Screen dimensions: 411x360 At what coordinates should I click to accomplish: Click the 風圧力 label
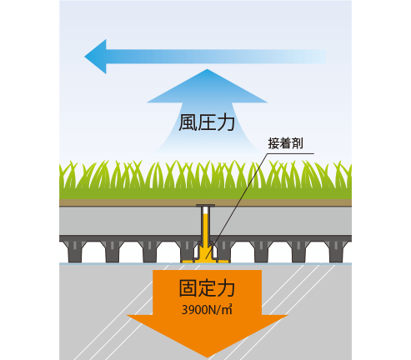coord(207,122)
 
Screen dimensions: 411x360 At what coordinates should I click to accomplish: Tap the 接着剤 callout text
coord(285,143)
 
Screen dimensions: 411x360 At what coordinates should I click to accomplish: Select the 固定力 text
coord(207,288)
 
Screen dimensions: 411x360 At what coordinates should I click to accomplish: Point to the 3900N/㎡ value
coord(207,309)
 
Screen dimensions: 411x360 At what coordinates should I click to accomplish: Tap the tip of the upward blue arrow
coord(207,69)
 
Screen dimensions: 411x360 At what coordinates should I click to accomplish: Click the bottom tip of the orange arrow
coord(207,357)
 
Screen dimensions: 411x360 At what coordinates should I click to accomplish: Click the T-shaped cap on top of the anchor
coord(205,206)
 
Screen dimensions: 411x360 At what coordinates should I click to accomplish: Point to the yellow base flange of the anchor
coord(205,261)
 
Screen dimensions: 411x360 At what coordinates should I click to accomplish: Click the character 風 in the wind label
coord(188,122)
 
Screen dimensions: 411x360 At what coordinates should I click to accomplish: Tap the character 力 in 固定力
coord(226,288)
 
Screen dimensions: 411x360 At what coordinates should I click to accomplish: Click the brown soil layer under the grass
coord(205,202)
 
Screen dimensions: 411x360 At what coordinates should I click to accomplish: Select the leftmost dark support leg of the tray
coord(74,252)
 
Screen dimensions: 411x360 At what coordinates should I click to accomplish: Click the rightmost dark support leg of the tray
coord(336,252)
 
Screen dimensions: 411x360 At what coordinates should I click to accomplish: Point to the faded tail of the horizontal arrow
coord(319,57)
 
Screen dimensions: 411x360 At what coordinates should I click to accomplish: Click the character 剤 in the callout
coord(298,143)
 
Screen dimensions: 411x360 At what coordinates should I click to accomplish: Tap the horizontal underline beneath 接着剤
coord(291,153)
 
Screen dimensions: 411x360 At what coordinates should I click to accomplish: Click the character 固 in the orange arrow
coord(188,288)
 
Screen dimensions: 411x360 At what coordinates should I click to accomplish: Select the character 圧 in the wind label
coord(207,122)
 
